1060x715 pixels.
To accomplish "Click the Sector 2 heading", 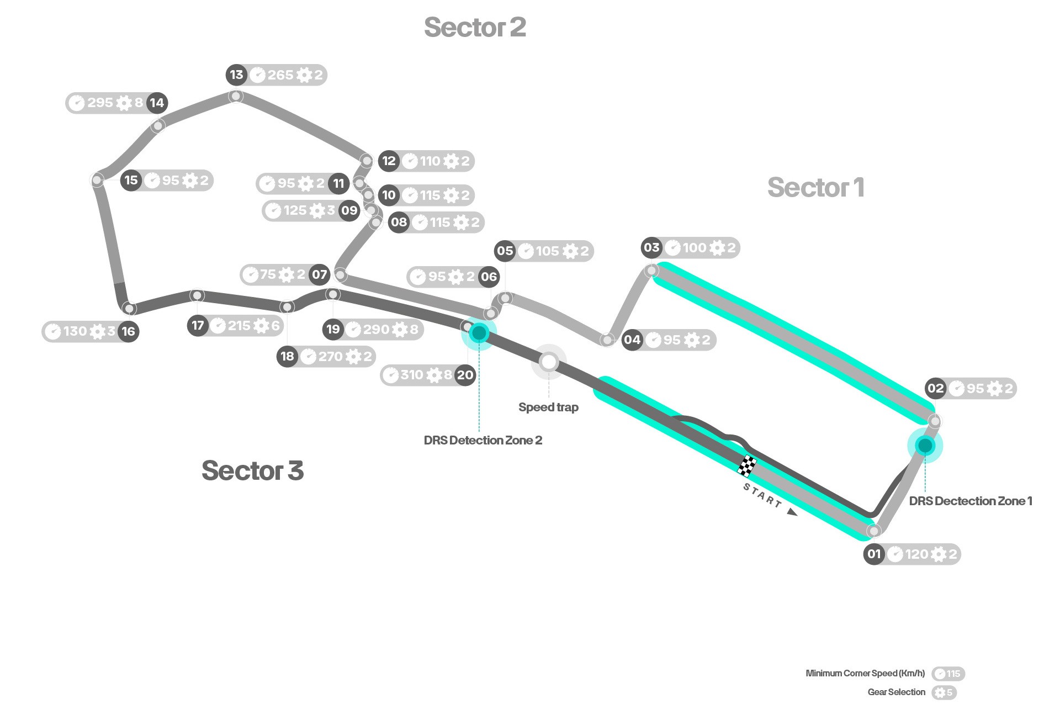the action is (x=475, y=27).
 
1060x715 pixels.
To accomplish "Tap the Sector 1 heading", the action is (x=815, y=187).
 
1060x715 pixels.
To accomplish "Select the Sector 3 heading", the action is (x=253, y=470).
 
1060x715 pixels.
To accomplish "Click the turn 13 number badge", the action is (x=236, y=75).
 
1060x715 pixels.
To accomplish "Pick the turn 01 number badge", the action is (x=874, y=554).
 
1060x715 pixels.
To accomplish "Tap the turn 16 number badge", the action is (x=128, y=331).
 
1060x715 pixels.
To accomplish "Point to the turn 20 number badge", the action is (x=465, y=375).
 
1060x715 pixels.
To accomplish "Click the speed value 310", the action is (x=412, y=375).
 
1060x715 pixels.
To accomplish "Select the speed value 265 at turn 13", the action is (x=280, y=75).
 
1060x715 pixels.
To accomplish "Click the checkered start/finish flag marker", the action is (x=747, y=465).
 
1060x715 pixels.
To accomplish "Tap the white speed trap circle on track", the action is (x=549, y=362).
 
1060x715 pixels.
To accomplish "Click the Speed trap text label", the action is (x=548, y=407).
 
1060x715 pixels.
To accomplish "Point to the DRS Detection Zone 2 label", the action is (x=483, y=440).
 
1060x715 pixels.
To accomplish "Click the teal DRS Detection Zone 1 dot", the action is (x=925, y=445).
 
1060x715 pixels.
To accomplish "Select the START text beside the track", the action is (x=762, y=495).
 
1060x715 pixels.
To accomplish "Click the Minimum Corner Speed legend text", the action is (x=865, y=673).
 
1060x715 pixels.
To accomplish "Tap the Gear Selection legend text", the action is (x=897, y=692).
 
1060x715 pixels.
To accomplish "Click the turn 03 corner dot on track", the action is (x=652, y=271).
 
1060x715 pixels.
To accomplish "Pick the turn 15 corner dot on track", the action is (x=97, y=180).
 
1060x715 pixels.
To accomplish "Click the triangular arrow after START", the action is (x=792, y=512).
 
